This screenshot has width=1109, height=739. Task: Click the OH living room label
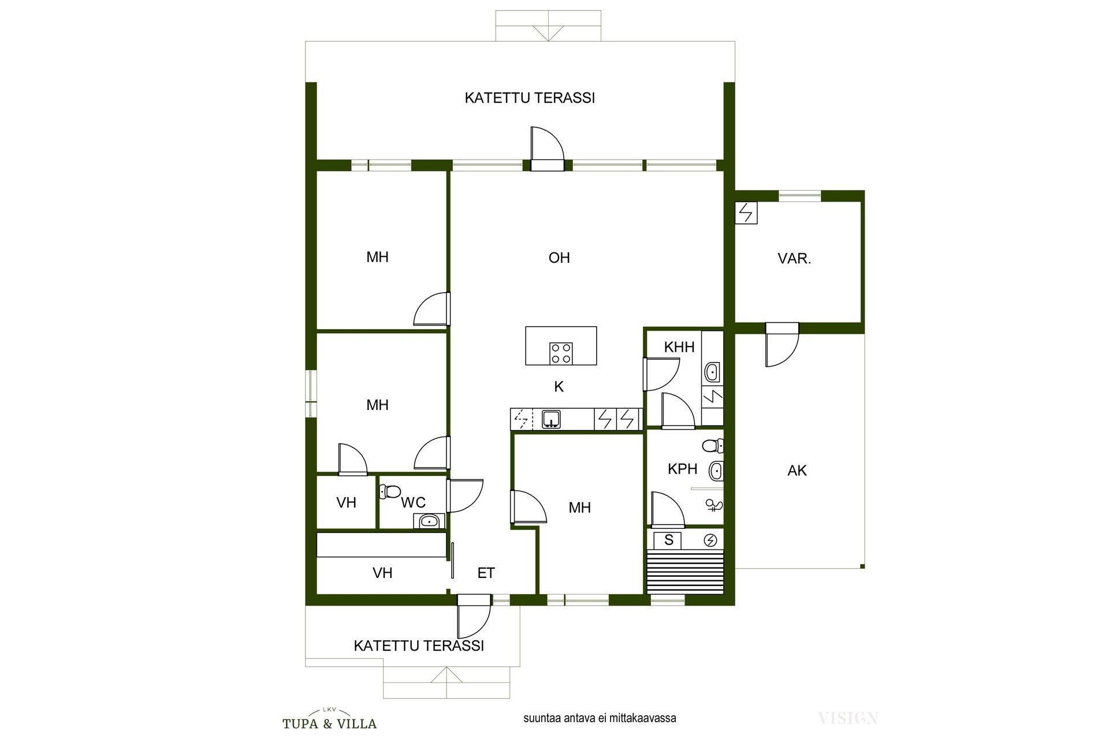[x=559, y=257]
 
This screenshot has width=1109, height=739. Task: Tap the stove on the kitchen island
[x=561, y=353]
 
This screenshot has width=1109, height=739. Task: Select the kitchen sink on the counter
[x=552, y=419]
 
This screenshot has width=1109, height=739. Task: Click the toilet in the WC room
[x=390, y=492]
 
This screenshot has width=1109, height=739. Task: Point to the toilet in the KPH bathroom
[x=713, y=446]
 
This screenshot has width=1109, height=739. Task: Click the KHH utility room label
[x=679, y=347]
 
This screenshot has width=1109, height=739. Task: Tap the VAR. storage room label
[x=794, y=259]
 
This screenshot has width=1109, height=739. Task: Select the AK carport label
[x=797, y=471]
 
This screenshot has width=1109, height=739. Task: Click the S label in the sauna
[x=669, y=540]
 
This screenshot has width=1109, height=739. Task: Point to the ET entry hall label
[x=486, y=573]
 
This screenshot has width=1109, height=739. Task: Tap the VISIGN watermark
[x=848, y=718]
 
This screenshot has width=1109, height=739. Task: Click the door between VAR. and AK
[x=782, y=345]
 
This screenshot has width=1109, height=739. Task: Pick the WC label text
[x=414, y=503]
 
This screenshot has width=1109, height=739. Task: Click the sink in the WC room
[x=428, y=521]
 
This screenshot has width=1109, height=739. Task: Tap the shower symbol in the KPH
[x=714, y=506]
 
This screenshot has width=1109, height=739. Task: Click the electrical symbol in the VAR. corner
[x=746, y=212]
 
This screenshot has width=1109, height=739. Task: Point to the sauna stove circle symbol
[x=710, y=540]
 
